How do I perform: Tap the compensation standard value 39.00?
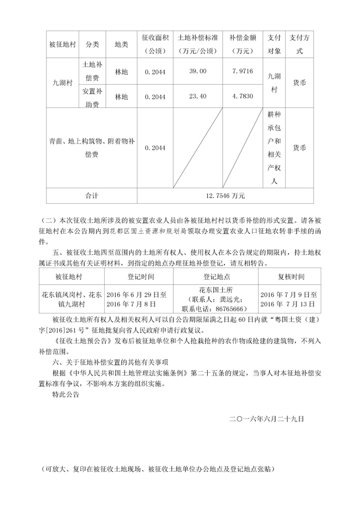[197, 71]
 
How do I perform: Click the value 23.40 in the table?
[197, 96]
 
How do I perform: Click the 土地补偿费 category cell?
[92, 71]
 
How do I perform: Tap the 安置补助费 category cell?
[92, 96]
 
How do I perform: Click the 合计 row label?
[91, 196]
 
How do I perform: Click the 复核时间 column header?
[290, 276]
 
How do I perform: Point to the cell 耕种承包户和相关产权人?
[274, 148]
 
